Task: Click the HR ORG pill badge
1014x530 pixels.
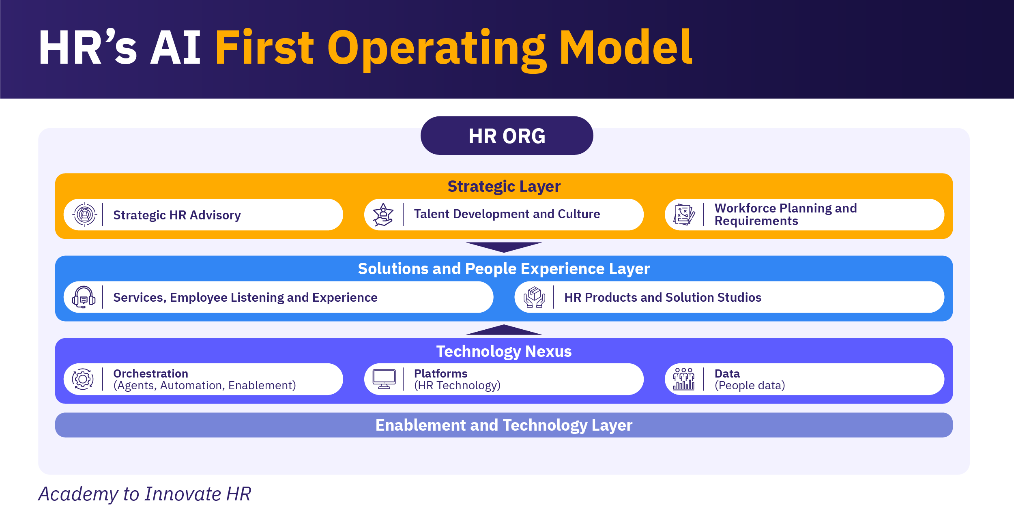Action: tap(507, 135)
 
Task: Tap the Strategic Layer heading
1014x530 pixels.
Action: tap(504, 187)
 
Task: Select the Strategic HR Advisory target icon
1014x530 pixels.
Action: tap(85, 215)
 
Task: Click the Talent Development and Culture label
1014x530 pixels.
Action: tap(507, 214)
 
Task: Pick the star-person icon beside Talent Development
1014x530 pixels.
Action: tap(383, 215)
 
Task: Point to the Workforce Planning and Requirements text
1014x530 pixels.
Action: tap(786, 215)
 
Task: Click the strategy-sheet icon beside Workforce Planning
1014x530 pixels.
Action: tap(684, 215)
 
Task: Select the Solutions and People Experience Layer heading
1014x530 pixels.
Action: tap(504, 269)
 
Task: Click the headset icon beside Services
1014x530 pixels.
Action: tap(84, 297)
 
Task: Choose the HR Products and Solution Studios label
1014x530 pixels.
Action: tap(663, 297)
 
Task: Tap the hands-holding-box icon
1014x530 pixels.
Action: tap(534, 297)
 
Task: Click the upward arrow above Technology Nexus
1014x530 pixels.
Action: tap(504, 330)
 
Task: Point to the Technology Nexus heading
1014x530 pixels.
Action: tap(504, 351)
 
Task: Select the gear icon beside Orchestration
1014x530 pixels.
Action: tap(83, 379)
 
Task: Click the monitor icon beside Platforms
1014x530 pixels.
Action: tap(384, 379)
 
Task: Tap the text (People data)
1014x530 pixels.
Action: tap(750, 385)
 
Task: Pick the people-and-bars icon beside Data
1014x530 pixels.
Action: tap(684, 379)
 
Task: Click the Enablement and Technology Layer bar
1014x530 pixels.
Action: tap(504, 425)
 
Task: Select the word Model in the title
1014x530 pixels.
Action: tap(625, 47)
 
